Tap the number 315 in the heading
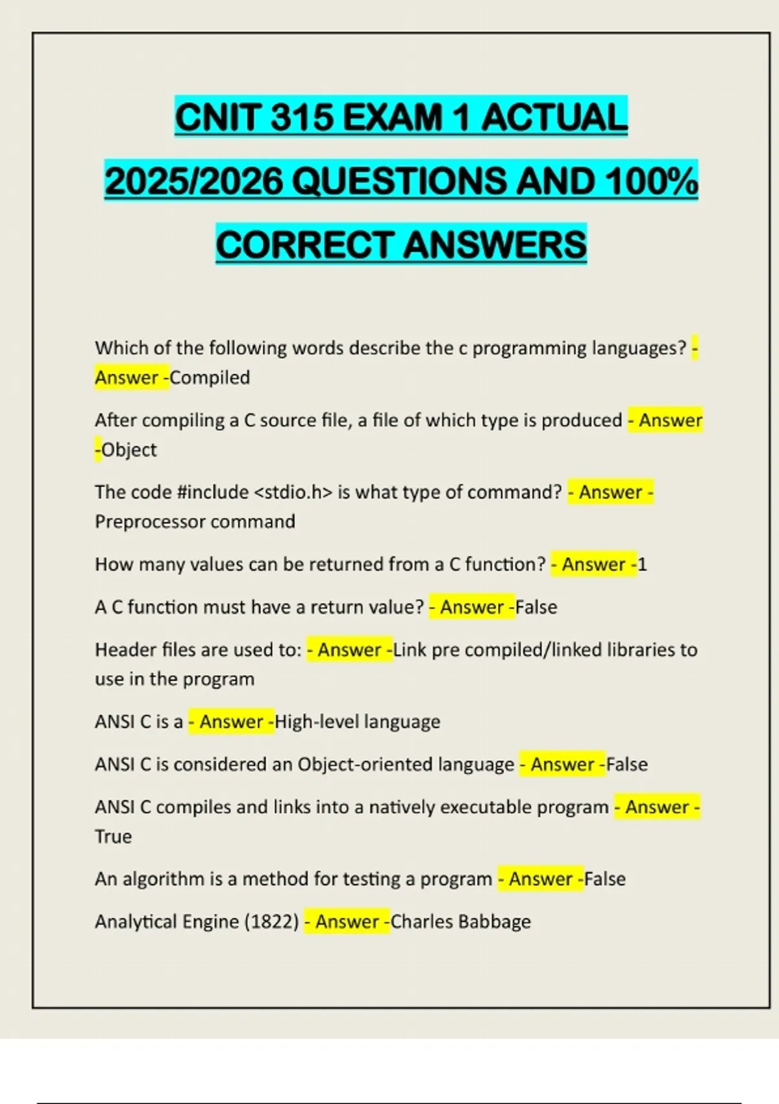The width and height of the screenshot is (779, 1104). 302,118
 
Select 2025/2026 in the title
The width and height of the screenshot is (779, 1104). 194,181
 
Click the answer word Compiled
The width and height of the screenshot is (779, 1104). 210,377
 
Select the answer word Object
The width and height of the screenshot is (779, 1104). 129,449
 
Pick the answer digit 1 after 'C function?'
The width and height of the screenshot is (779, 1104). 642,564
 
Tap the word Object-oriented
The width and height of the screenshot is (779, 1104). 406,764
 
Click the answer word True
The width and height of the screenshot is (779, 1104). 113,836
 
